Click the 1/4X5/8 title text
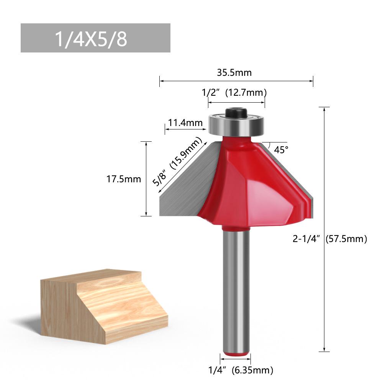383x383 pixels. tap(91, 39)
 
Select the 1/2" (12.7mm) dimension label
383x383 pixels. tap(234, 93)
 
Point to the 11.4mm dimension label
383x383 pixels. tap(185, 123)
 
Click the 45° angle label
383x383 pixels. tap(281, 150)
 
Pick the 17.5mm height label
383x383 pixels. tap(124, 179)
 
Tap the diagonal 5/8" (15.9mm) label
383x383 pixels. tap(177, 162)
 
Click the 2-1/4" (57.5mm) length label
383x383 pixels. tap(330, 239)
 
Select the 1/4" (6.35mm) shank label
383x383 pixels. tap(241, 370)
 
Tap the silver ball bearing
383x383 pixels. tap(236, 124)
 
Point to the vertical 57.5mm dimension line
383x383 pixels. tap(324, 172)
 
